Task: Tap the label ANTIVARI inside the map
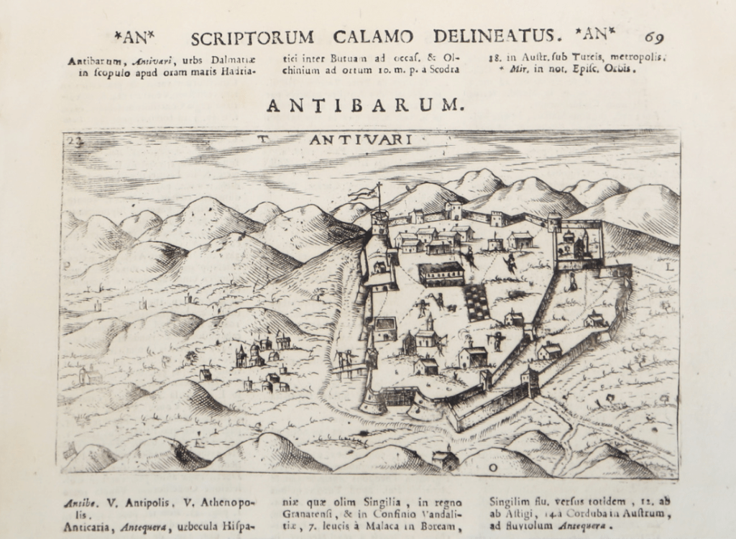click(361, 139)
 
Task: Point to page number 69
click(654, 37)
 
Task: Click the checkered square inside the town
click(477, 302)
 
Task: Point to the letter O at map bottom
click(493, 467)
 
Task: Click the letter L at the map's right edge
click(669, 267)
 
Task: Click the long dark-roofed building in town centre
click(441, 273)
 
